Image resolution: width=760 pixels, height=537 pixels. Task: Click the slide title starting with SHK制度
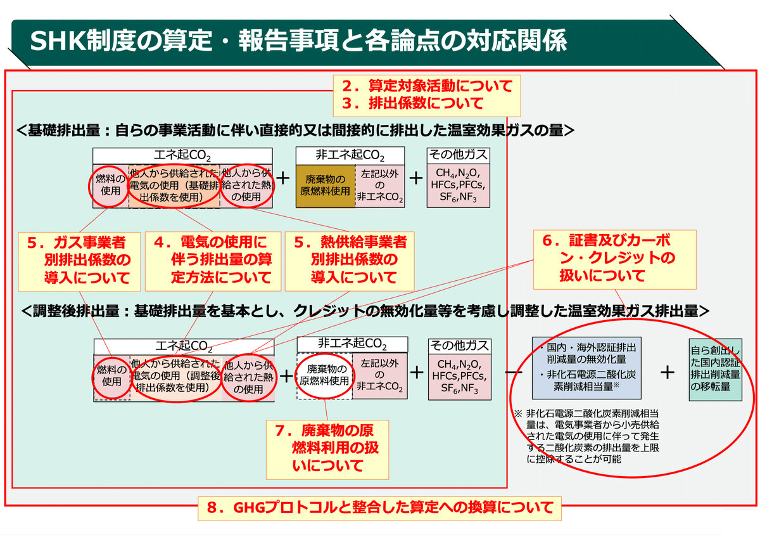tap(298, 41)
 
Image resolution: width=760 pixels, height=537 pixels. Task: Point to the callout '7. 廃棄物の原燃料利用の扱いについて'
tap(327, 448)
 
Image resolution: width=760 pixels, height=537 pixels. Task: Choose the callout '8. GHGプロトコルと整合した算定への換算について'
tap(380, 507)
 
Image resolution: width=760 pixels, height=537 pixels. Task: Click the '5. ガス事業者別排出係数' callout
tap(79, 259)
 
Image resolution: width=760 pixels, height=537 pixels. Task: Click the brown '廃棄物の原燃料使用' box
tap(324, 186)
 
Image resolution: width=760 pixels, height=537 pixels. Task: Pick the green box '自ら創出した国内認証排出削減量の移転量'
tap(716, 368)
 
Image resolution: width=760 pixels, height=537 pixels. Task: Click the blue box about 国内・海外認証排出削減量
tap(587, 368)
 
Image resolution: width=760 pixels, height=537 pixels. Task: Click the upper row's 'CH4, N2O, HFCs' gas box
tap(459, 186)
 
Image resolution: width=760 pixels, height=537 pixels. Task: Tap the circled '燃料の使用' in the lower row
tap(111, 375)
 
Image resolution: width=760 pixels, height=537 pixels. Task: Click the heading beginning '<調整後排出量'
tap(364, 311)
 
